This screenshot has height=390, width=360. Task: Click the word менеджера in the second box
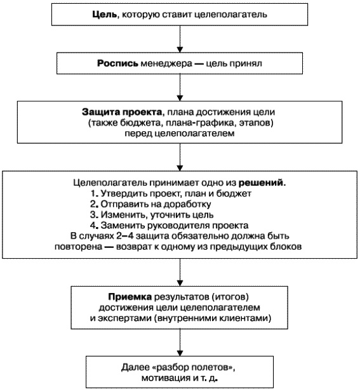pyautogui.click(x=166, y=63)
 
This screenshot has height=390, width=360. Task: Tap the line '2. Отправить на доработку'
pyautogui.click(x=150, y=204)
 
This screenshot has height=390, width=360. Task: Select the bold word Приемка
pyautogui.click(x=129, y=296)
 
